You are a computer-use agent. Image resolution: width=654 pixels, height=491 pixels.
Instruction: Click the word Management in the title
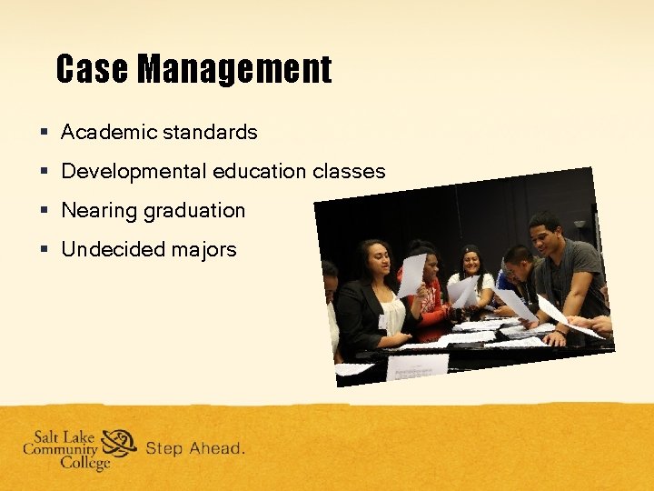[234, 69]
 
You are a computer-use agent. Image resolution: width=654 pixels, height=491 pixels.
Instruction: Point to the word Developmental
[134, 172]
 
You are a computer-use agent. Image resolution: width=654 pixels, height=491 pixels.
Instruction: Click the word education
[261, 172]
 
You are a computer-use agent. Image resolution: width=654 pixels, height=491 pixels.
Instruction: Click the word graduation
[194, 211]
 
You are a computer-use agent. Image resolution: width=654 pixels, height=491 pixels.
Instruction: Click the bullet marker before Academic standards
[44, 133]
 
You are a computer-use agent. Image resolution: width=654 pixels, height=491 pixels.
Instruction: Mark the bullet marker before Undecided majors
[44, 250]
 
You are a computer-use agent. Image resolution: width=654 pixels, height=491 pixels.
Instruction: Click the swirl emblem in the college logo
[119, 444]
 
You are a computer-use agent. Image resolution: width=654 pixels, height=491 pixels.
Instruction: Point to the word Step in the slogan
[164, 448]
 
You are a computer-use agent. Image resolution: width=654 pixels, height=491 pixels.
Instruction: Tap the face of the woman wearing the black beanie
[471, 262]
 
